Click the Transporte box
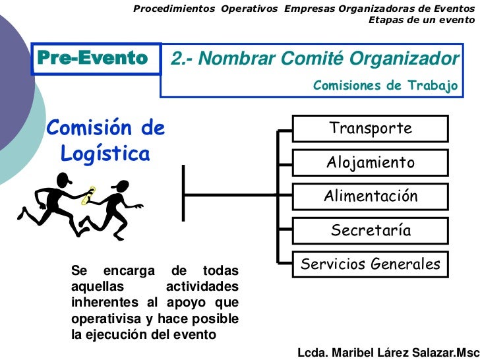(371, 128)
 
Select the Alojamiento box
(371, 162)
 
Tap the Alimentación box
(371, 196)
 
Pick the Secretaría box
(371, 230)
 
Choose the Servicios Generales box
(371, 264)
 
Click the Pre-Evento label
(92, 58)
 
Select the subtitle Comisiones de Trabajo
(384, 86)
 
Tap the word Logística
(105, 154)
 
